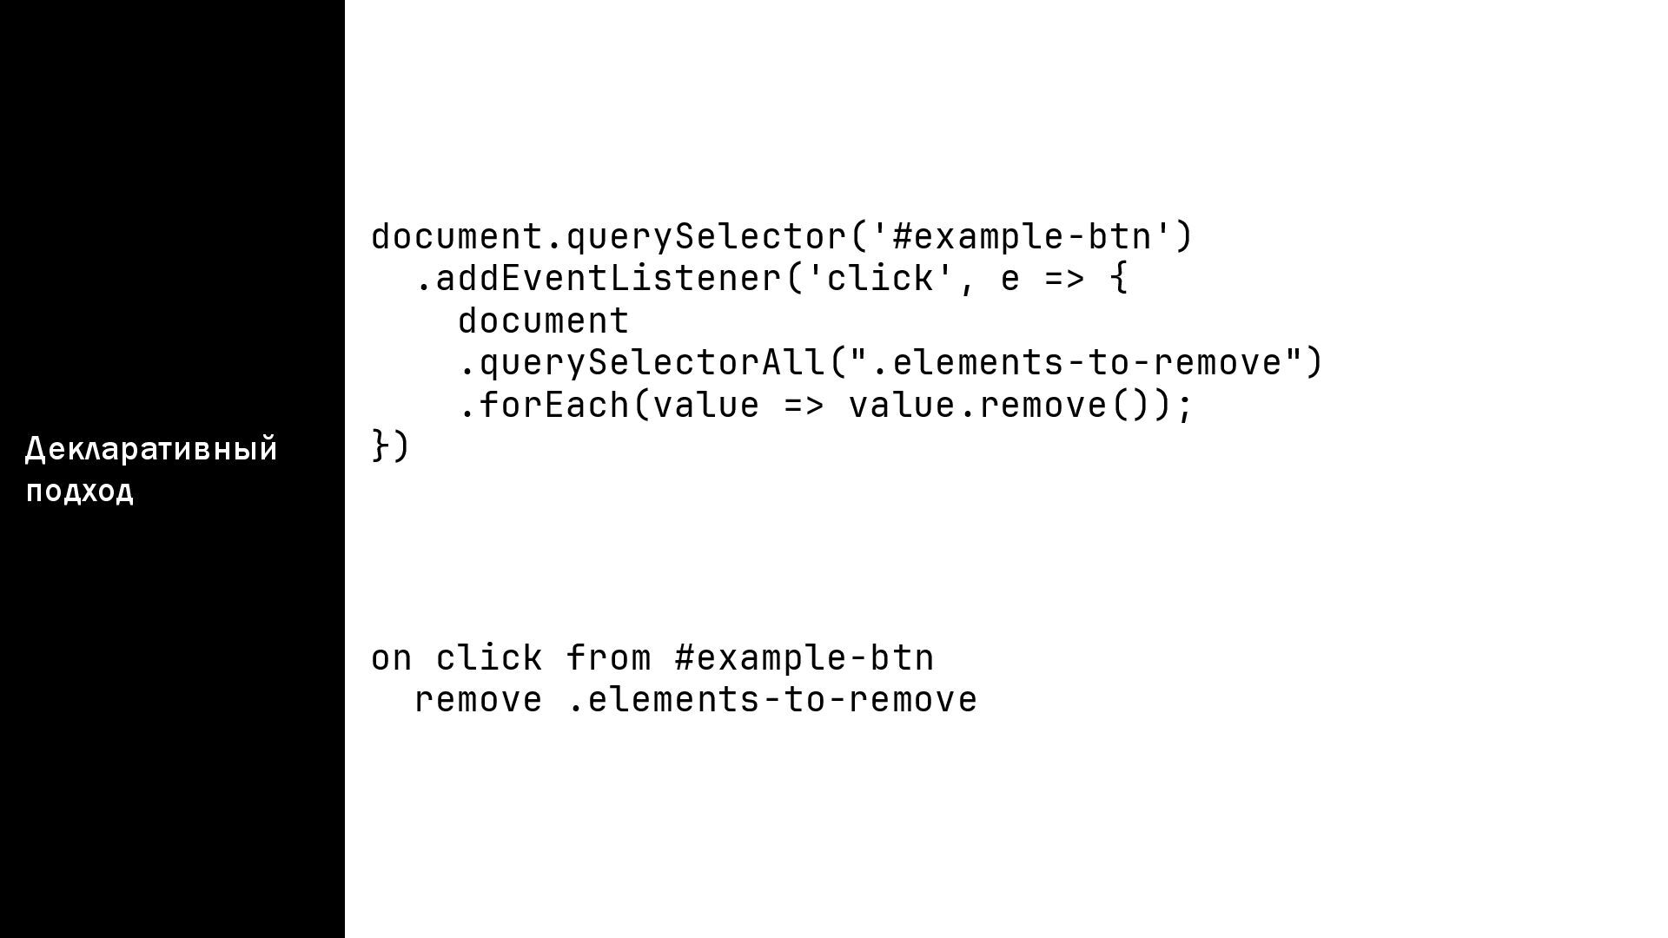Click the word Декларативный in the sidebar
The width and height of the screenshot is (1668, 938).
151,449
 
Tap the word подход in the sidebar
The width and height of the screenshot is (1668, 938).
80,491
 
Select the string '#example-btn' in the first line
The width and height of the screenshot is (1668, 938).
1022,236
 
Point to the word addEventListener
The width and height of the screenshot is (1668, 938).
609,279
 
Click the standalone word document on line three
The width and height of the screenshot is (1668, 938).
544,320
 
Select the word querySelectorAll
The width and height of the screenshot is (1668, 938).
652,362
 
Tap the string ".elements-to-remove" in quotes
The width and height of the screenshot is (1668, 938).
1076,362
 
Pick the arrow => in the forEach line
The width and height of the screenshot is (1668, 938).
804,405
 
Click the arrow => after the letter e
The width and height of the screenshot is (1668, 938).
1065,279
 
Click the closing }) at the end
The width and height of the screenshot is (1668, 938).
390,446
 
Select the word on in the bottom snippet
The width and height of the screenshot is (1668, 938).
392,657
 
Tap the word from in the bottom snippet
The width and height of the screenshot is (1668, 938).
609,657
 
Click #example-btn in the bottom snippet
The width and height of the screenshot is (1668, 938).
804,657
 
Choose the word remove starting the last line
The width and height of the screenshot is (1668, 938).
479,700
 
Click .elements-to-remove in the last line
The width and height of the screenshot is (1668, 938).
772,700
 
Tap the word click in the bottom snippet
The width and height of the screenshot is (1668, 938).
490,657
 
